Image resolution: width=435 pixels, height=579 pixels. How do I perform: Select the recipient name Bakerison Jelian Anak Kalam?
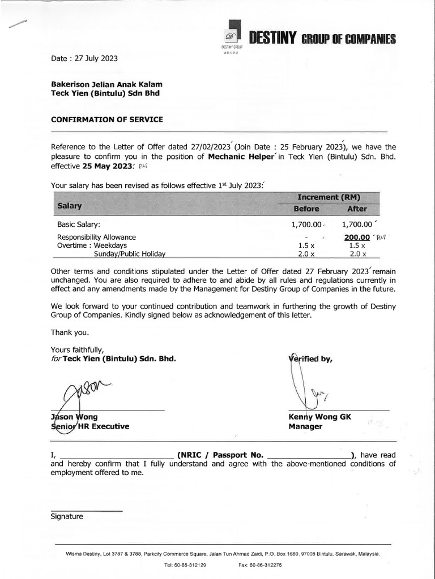click(x=103, y=84)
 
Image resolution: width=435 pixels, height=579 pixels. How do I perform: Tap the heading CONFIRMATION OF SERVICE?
click(x=106, y=119)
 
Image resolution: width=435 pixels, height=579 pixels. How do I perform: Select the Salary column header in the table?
click(x=70, y=207)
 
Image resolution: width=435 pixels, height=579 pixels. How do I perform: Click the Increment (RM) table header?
click(x=329, y=197)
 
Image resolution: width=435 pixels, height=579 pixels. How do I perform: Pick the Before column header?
click(x=306, y=209)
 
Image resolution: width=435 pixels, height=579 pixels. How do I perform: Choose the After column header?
click(x=357, y=209)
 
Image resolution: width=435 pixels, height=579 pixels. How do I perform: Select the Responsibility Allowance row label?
click(x=96, y=237)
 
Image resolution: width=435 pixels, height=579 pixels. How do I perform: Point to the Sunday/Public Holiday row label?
click(x=129, y=254)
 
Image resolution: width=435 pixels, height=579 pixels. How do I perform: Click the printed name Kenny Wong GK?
click(x=319, y=417)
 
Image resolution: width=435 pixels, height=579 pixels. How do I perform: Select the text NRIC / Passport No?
click(x=220, y=455)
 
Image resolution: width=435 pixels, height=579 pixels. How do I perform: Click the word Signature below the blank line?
click(x=67, y=516)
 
